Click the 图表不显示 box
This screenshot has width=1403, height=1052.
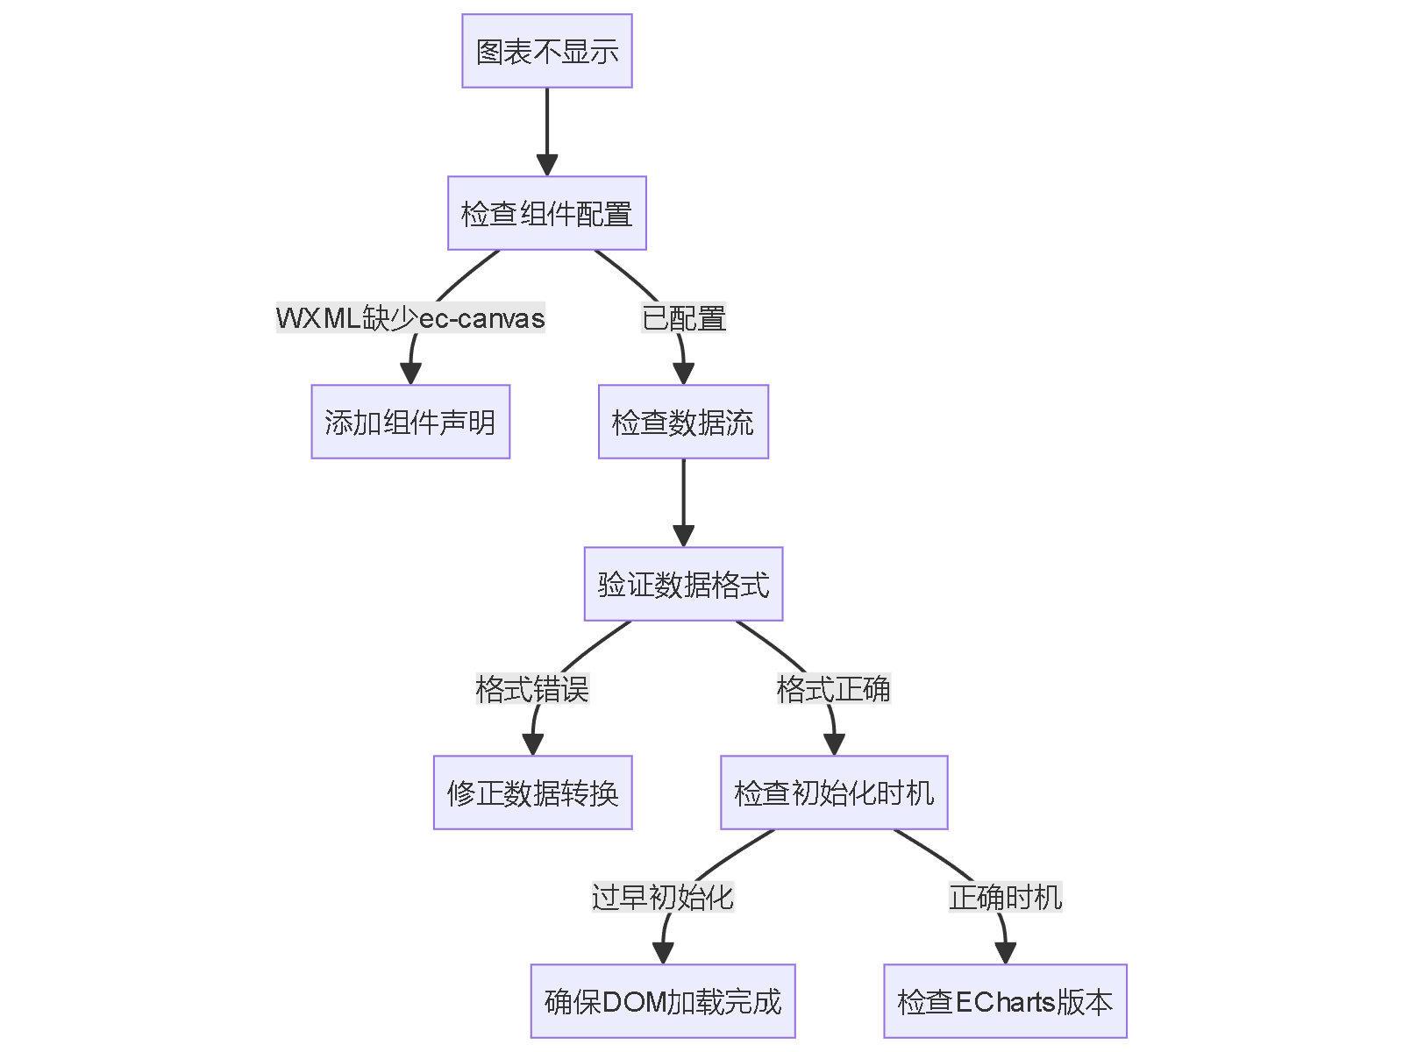pyautogui.click(x=546, y=51)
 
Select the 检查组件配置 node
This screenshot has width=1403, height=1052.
pyautogui.click(x=546, y=213)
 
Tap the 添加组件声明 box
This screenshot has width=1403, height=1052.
pyautogui.click(x=410, y=422)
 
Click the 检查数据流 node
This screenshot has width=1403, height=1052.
pyautogui.click(x=683, y=422)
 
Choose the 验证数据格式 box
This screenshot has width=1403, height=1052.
pyautogui.click(x=683, y=584)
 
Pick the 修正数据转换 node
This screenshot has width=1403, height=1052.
pyautogui.click(x=532, y=793)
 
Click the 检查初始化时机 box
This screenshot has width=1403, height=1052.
pyautogui.click(x=834, y=793)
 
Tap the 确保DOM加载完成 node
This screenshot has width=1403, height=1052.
pyautogui.click(x=663, y=1001)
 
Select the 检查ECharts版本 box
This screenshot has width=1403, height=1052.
pyautogui.click(x=1005, y=1001)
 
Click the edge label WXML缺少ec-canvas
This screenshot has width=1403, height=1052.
pyautogui.click(x=410, y=317)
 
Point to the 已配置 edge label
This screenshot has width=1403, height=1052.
pyautogui.click(x=683, y=317)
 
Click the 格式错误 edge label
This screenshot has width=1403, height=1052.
pyautogui.click(x=532, y=688)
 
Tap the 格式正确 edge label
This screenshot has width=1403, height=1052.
pyautogui.click(x=834, y=688)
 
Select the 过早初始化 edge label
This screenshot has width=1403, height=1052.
pyautogui.click(x=663, y=897)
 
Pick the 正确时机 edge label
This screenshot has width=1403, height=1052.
pyautogui.click(x=1005, y=897)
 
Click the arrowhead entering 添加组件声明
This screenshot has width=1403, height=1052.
pyautogui.click(x=410, y=374)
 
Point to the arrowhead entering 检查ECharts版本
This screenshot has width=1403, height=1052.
pyautogui.click(x=1005, y=954)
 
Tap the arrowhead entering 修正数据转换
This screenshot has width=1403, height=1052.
pyautogui.click(x=532, y=745)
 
